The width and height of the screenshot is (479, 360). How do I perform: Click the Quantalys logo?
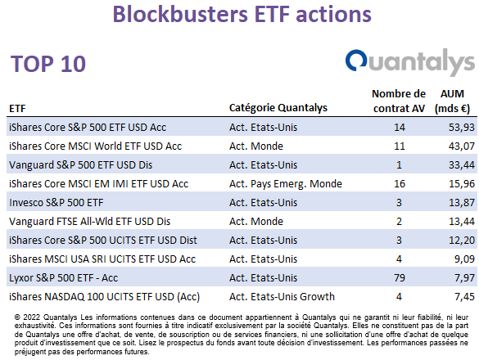click(410, 62)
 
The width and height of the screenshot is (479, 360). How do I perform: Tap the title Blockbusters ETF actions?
click(242, 14)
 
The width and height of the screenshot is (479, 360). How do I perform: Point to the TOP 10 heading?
click(48, 64)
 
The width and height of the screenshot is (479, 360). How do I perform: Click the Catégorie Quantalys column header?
click(278, 108)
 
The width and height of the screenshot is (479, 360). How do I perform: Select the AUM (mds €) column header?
click(452, 101)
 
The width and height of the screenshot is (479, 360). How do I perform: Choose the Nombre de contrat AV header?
click(399, 101)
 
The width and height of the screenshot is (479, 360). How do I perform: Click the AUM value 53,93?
click(462, 128)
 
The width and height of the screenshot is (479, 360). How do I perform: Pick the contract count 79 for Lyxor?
click(400, 278)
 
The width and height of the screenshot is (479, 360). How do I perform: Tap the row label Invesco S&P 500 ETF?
click(56, 203)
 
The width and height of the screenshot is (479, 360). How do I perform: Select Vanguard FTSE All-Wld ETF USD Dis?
click(89, 222)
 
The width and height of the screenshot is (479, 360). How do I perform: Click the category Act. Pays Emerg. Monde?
click(286, 184)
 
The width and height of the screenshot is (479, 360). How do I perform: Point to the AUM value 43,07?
click(462, 146)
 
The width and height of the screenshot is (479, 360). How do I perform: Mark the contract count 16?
click(400, 184)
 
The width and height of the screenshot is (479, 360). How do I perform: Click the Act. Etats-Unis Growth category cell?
click(282, 297)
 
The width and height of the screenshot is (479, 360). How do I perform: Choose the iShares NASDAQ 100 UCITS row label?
click(105, 297)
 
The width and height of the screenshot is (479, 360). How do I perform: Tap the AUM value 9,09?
click(464, 259)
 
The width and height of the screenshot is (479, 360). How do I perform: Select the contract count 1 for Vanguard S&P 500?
click(399, 165)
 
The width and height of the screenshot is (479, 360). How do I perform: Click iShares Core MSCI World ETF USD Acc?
click(95, 146)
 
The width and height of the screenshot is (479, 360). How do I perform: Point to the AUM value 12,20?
click(462, 241)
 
